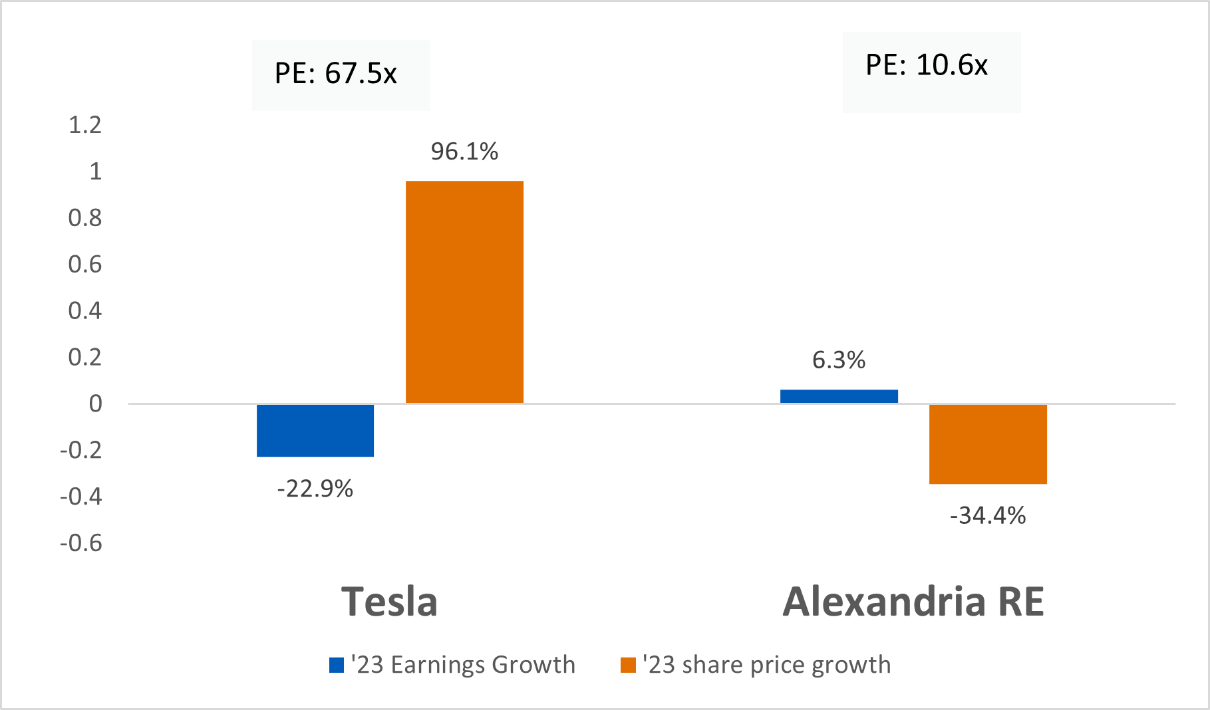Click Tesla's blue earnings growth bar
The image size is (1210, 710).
[x=315, y=430]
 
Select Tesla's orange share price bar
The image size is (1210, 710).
[x=464, y=292]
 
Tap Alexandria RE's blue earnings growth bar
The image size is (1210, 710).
[x=839, y=396]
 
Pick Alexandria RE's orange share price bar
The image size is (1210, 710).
[x=988, y=443]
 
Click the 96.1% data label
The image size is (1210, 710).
[x=464, y=152]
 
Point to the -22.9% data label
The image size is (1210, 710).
[x=315, y=489]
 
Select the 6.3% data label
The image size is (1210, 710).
[x=839, y=360]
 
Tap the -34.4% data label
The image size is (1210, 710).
[x=988, y=516]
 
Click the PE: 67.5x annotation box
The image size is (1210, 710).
[x=341, y=74]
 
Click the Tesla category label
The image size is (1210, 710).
[x=390, y=602]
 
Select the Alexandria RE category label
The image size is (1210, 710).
[x=913, y=602]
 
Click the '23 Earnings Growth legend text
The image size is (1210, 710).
[x=463, y=665]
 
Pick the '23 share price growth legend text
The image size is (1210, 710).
[x=766, y=665]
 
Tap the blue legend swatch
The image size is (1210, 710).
[x=337, y=665]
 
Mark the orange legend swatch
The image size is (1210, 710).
[x=628, y=665]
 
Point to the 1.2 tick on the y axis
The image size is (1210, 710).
[x=85, y=125]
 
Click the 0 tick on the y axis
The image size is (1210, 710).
[x=96, y=404]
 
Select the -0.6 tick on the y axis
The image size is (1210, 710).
[x=81, y=543]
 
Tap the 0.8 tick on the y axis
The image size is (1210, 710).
[x=85, y=218]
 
